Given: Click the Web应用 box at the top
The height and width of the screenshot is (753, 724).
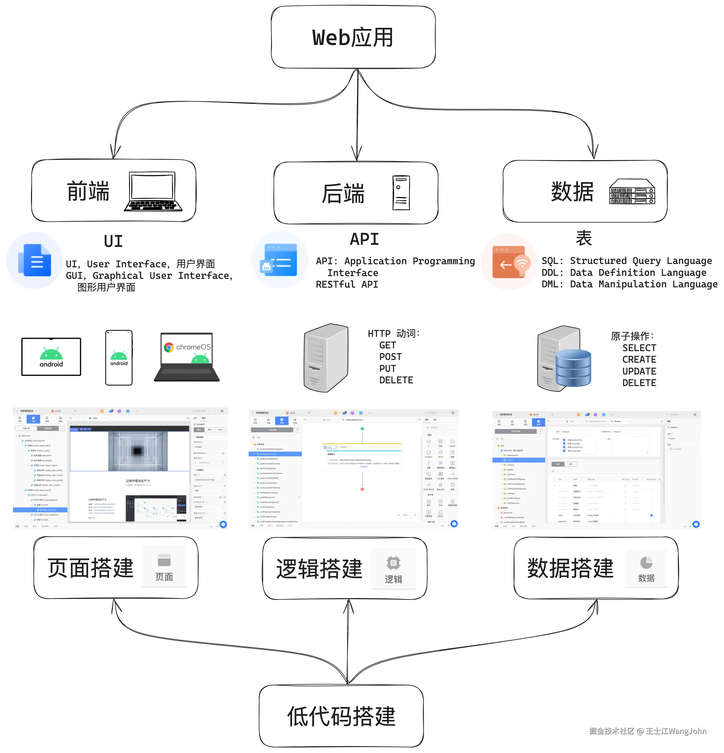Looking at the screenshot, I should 353,37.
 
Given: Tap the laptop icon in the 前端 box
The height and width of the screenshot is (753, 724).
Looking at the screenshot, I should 153,191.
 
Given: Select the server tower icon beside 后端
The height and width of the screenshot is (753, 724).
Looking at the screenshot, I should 401,193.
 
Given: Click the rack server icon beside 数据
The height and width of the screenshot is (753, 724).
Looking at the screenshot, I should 632,191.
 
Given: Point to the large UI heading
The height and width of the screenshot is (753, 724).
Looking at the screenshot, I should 113,241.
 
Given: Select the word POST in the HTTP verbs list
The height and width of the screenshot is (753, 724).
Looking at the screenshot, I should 390,357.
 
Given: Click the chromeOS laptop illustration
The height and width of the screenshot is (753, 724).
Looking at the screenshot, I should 187,357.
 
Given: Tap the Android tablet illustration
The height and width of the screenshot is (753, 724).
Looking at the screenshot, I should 51,357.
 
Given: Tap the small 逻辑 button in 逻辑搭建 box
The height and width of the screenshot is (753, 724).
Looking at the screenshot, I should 393,569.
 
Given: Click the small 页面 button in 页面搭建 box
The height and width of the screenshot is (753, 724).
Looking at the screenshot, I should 164,566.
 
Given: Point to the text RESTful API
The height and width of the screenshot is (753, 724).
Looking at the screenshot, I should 347,284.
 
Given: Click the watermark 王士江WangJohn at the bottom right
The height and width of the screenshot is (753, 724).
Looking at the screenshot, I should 676,731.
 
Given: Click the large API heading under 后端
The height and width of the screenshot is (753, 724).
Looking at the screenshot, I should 364,239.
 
